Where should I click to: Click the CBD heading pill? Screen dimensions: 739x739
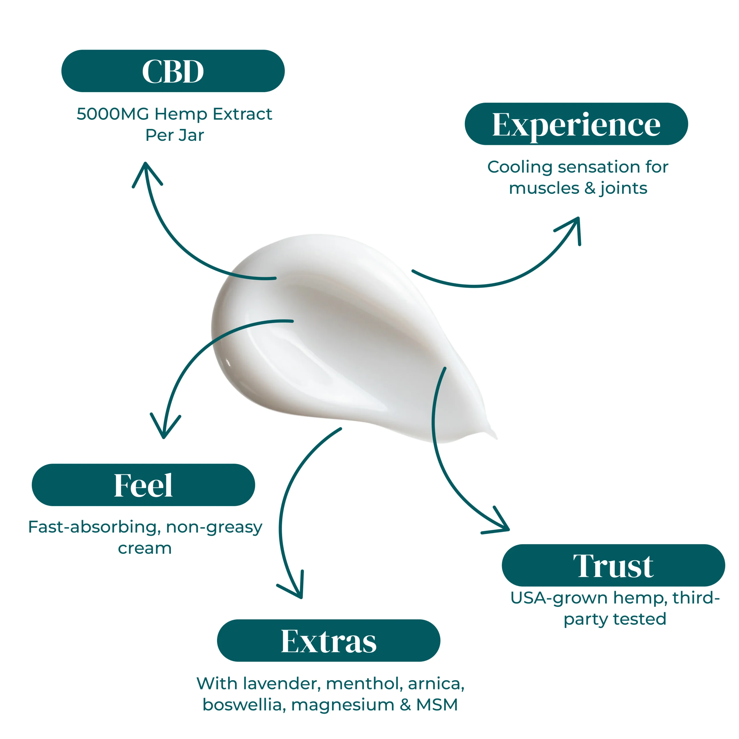(x=173, y=71)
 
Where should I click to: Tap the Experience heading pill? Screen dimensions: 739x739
(x=576, y=124)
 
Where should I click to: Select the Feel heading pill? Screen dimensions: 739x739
(x=143, y=485)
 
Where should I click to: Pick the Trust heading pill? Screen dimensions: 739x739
(x=613, y=565)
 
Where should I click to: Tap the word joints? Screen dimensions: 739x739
(x=623, y=189)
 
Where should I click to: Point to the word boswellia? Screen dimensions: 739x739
(x=244, y=705)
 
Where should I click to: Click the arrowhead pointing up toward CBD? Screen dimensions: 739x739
(x=146, y=168)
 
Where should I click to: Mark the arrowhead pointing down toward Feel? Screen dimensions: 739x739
(x=164, y=432)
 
